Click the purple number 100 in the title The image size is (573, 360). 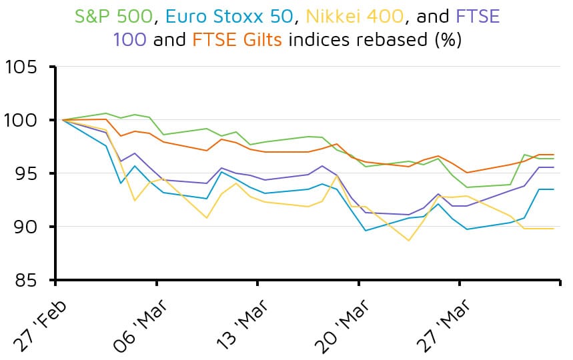click(x=129, y=40)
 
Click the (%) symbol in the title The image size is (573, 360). click(x=446, y=40)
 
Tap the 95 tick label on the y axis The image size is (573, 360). click(x=29, y=174)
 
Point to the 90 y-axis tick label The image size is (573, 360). click(x=29, y=227)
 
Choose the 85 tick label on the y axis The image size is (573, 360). click(x=29, y=280)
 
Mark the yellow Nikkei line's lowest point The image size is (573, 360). click(x=409, y=240)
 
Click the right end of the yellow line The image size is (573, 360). click(x=554, y=229)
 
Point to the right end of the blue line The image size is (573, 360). click(x=554, y=189)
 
